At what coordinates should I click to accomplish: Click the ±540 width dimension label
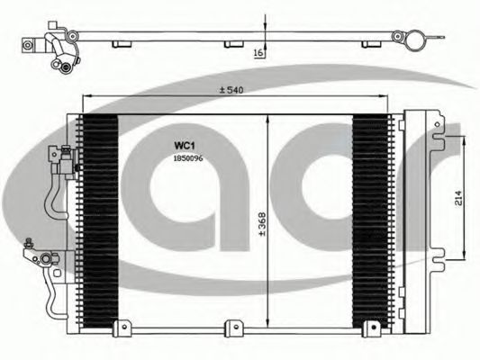tap(231, 90)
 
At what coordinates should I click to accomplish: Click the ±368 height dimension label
tap(262, 224)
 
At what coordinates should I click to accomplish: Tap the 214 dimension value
tap(458, 198)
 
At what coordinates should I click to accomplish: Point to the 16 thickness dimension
tap(258, 53)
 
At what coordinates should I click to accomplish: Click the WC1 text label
tap(185, 146)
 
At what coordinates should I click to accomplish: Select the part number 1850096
tap(188, 158)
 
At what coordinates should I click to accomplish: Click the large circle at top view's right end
tap(415, 40)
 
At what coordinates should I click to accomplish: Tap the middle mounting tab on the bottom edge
tap(234, 328)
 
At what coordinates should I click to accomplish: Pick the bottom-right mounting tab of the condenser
tap(372, 328)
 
